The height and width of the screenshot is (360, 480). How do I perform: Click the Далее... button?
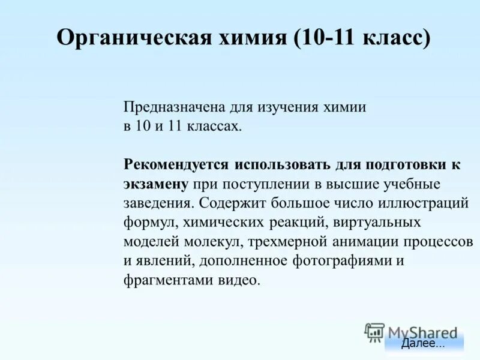point(424,344)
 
